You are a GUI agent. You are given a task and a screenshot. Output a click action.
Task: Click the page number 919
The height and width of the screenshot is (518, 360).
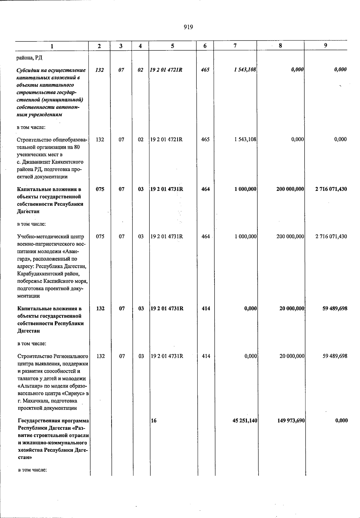188,27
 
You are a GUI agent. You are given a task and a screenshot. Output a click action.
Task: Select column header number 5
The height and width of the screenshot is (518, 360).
172,46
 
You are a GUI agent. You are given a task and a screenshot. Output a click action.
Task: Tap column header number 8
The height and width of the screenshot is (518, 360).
280,46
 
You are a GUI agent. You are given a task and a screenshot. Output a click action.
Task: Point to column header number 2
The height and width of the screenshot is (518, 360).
99,46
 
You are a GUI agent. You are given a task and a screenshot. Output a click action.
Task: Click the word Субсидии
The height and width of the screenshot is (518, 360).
28,70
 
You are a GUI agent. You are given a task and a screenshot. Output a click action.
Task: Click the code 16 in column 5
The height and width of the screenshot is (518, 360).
154,421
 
